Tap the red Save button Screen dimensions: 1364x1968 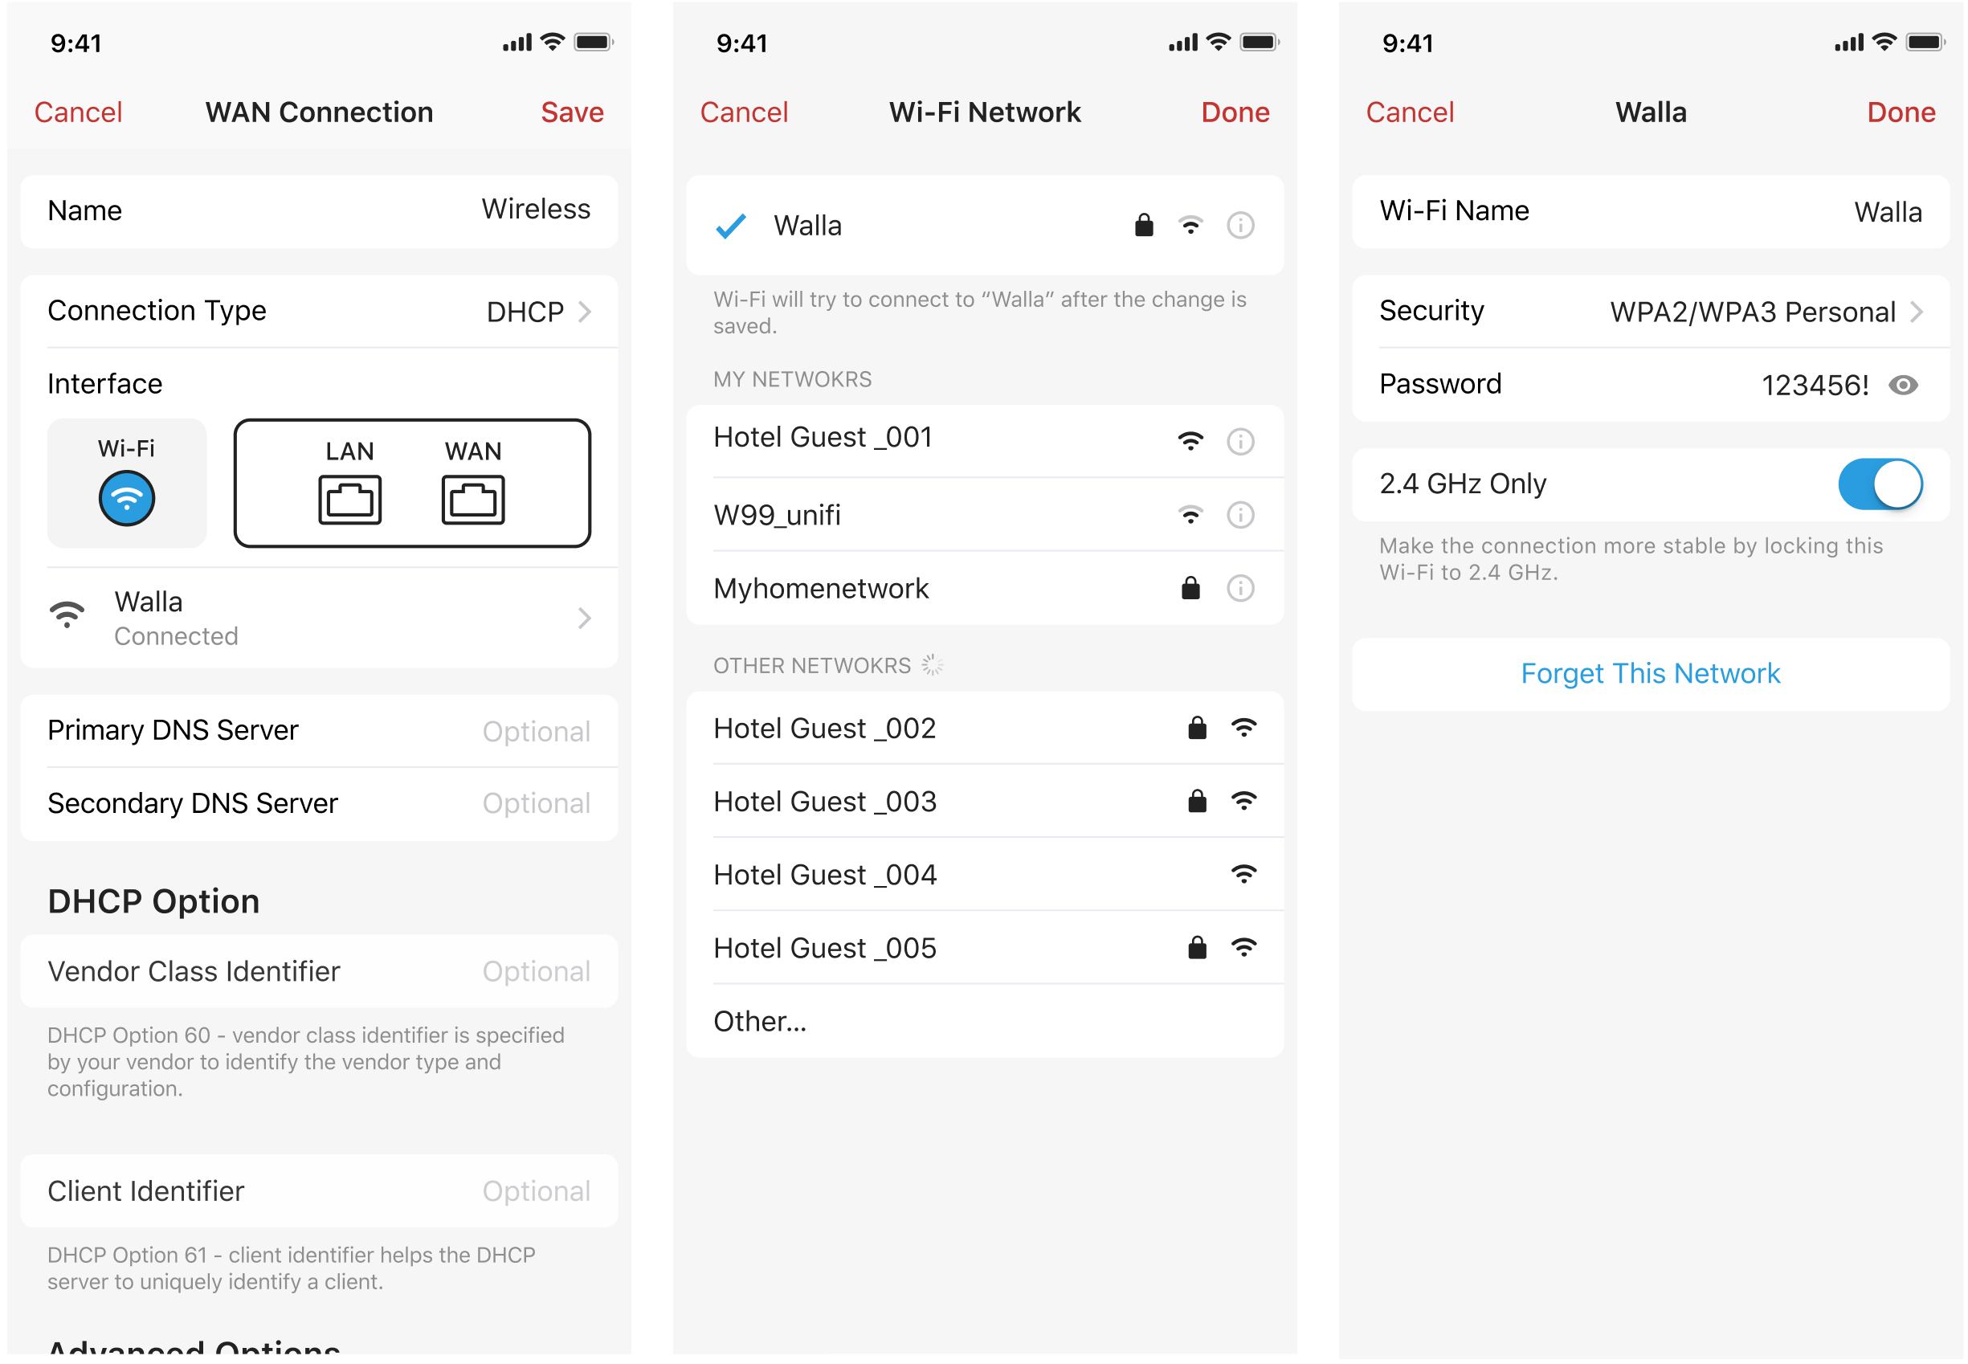click(572, 112)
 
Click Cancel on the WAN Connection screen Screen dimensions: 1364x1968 click(78, 112)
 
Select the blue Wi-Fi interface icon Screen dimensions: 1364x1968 click(126, 499)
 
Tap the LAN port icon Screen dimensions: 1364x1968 click(349, 499)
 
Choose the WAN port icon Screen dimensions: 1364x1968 click(472, 499)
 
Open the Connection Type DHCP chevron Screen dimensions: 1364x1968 click(585, 312)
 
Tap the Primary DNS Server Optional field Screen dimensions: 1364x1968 click(536, 732)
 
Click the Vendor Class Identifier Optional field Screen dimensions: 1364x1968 click(536, 972)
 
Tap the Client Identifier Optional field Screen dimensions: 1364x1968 click(536, 1191)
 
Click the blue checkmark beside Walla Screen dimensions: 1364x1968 click(731, 227)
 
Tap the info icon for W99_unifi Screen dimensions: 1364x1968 click(1240, 516)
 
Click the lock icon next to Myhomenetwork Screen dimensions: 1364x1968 click(1190, 589)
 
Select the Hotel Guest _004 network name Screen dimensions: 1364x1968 click(825, 875)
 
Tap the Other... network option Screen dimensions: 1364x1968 click(760, 1022)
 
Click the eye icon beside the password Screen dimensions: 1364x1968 click(1903, 386)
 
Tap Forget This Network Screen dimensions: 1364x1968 click(1650, 674)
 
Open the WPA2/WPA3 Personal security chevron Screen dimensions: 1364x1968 click(1917, 312)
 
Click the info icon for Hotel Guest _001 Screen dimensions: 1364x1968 click(1240, 442)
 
